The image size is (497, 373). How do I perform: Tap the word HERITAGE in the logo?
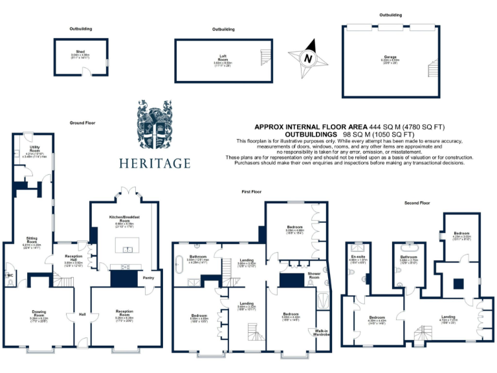pyautogui.click(x=155, y=163)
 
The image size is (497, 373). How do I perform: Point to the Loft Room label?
pyautogui.click(x=223, y=60)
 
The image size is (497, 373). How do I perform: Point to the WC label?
pyautogui.click(x=9, y=275)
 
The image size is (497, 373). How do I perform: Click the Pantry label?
pyautogui.click(x=148, y=279)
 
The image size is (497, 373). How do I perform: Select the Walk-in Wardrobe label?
pyautogui.click(x=322, y=333)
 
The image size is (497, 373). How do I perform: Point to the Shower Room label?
pyautogui.click(x=315, y=277)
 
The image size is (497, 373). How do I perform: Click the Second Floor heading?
pyautogui.click(x=417, y=203)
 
